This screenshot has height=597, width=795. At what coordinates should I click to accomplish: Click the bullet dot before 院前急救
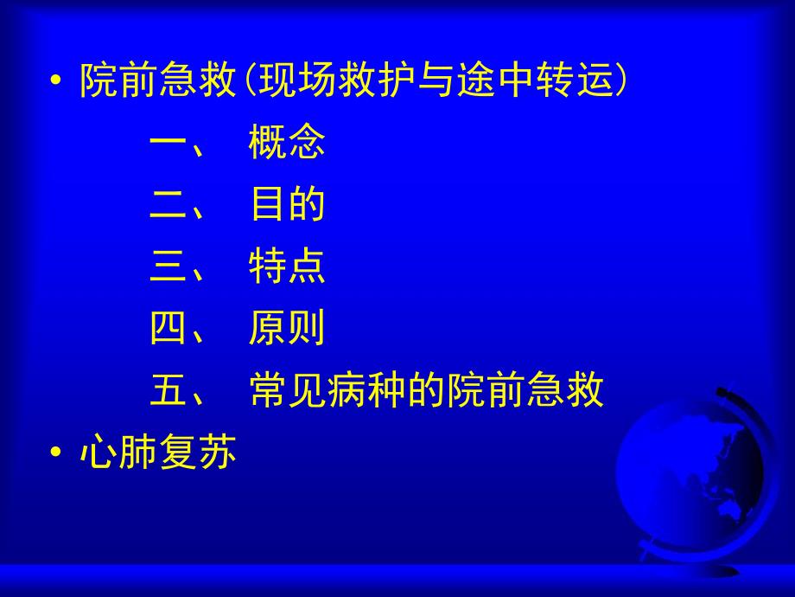57,82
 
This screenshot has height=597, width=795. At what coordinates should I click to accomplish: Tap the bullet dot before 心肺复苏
57,454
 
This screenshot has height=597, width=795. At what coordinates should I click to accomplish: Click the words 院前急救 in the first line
156,82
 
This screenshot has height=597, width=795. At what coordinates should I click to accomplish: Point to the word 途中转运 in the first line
533,82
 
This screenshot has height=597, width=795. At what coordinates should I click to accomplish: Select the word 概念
287,144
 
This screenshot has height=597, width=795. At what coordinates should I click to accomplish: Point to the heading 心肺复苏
156,454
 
